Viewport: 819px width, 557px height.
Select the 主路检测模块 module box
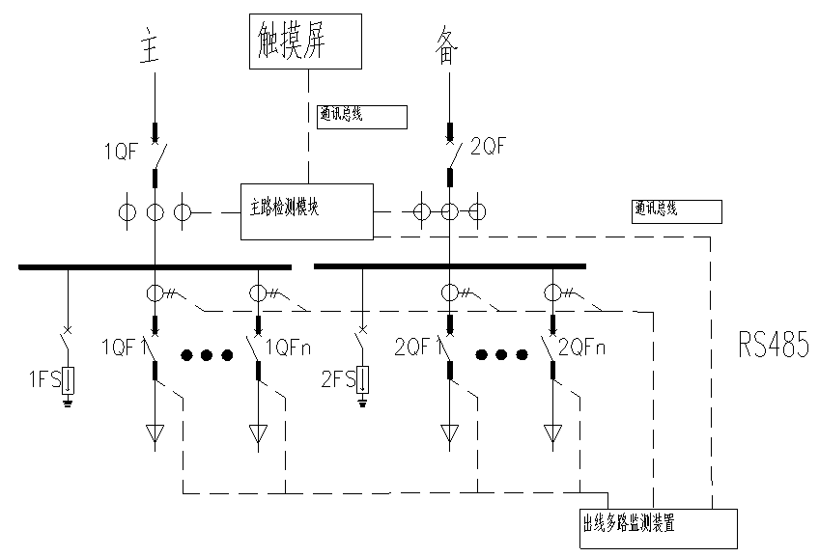[306, 210]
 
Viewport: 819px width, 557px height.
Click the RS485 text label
[774, 344]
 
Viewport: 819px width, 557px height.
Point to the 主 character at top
[149, 48]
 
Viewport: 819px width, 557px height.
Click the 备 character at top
[446, 48]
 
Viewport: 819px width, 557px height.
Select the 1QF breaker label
[123, 151]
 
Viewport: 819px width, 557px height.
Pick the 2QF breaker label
[488, 147]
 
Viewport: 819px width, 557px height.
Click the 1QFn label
[287, 346]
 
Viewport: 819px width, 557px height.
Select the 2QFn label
[581, 346]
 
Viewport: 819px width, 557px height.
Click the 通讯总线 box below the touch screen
[362, 117]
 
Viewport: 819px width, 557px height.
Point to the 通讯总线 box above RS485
[677, 211]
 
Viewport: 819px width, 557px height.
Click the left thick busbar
[155, 266]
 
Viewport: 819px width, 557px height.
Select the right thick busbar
[450, 266]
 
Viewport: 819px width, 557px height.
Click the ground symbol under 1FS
[68, 403]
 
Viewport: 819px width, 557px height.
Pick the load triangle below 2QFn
[552, 434]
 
